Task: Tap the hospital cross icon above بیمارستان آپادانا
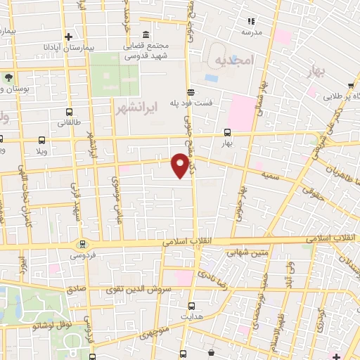coord(68,37)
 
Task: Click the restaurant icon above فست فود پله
coord(191,92)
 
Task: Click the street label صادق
coord(76,289)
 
